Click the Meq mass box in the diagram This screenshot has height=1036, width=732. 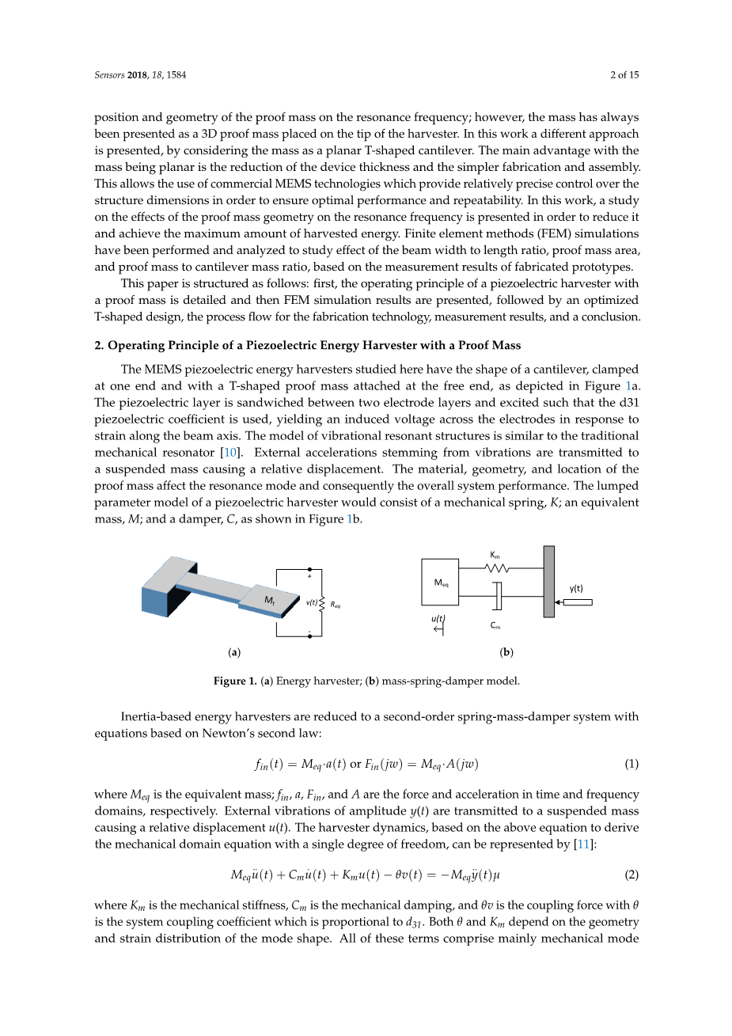pyautogui.click(x=440, y=582)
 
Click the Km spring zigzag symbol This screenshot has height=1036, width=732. pyautogui.click(x=497, y=568)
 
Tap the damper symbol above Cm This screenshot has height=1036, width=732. pyautogui.click(x=497, y=596)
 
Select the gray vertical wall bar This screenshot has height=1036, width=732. pyautogui.click(x=548, y=582)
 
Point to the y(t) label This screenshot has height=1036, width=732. pyautogui.click(x=575, y=588)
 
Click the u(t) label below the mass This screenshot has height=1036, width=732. pyautogui.click(x=438, y=618)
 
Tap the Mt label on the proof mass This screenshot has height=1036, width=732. pyautogui.click(x=270, y=600)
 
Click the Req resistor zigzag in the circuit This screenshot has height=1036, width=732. pyautogui.click(x=322, y=603)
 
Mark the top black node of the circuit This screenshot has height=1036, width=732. pyautogui.click(x=310, y=569)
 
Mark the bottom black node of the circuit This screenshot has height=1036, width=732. pyautogui.click(x=310, y=636)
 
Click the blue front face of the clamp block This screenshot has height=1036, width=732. pyautogui.click(x=154, y=601)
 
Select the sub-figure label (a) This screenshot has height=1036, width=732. pyautogui.click(x=234, y=652)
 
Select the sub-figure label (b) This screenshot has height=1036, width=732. pyautogui.click(x=506, y=652)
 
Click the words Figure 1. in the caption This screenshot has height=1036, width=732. pyautogui.click(x=235, y=681)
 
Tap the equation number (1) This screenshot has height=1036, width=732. pyautogui.click(x=631, y=764)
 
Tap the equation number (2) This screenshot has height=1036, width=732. pyautogui.click(x=631, y=875)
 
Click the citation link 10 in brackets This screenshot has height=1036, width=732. pyautogui.click(x=229, y=452)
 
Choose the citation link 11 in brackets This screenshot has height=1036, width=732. pyautogui.click(x=583, y=844)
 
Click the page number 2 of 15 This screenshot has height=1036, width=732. pyautogui.click(x=624, y=75)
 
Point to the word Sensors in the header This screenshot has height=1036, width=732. pyautogui.click(x=109, y=75)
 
